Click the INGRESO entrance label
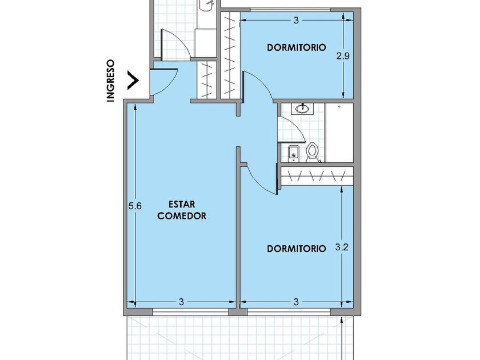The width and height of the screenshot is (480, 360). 110,81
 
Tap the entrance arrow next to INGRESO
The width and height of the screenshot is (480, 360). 133,81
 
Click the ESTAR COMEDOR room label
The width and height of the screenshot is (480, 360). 182,210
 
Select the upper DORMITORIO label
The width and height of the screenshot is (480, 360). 297,47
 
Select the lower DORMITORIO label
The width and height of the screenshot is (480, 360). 297,248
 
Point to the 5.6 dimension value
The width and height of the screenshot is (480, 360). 135,206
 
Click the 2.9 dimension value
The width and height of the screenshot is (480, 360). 343,56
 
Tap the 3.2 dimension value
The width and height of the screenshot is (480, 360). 342,247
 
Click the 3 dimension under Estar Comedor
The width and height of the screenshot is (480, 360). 182,302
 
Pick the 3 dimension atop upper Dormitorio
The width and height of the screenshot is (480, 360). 296,20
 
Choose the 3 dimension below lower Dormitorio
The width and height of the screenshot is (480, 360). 296,302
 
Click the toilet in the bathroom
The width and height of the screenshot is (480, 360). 312,152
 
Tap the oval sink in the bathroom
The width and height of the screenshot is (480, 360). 302,109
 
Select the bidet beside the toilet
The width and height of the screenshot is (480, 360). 293,153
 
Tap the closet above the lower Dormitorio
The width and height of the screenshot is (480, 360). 317,176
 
